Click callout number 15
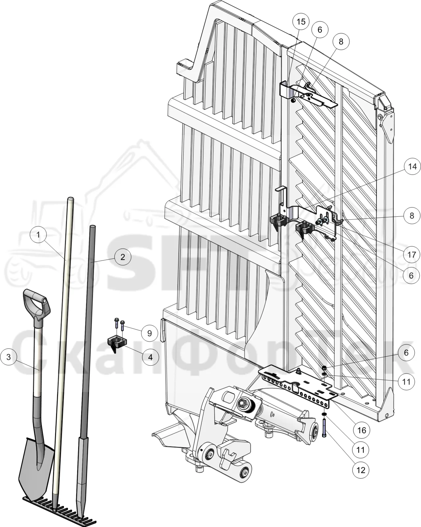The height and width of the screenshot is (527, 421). (301, 21)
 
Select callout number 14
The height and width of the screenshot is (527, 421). (412, 167)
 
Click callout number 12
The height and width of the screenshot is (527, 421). (361, 470)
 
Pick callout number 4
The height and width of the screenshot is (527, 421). (150, 357)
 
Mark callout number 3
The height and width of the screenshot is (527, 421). (9, 357)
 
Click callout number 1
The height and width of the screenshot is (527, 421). (38, 235)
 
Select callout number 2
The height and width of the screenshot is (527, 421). (123, 257)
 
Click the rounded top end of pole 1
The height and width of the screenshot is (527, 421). (70, 199)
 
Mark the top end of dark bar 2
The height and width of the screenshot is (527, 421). (92, 227)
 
